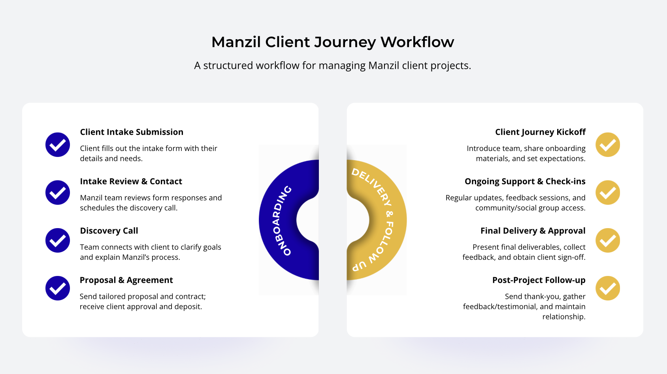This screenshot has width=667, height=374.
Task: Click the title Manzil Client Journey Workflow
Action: tap(333, 42)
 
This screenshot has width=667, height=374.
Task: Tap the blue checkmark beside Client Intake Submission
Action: tap(58, 145)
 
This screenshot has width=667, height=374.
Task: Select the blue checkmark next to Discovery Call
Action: tap(58, 240)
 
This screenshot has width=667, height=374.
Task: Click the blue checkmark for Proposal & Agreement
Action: tap(58, 288)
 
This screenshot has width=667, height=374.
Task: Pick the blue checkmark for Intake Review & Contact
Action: tap(58, 193)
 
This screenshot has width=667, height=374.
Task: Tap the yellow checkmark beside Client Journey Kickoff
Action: tap(608, 145)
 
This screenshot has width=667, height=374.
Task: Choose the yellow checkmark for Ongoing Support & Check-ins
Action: tap(608, 193)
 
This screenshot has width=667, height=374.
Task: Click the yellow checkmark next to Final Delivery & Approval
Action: tap(608, 240)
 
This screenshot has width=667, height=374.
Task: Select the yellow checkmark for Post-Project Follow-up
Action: tap(608, 288)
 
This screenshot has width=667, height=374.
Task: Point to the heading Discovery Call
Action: tap(109, 231)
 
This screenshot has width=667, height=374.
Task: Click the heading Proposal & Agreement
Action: tap(126, 280)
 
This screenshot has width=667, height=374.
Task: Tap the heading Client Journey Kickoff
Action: tap(540, 132)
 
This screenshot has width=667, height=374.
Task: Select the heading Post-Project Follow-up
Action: tap(539, 280)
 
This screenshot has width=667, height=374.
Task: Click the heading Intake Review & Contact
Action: tap(131, 181)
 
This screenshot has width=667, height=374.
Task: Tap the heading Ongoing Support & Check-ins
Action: tap(525, 181)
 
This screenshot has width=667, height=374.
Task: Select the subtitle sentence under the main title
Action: tap(333, 66)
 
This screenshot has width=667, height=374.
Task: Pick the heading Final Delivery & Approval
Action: tap(533, 231)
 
